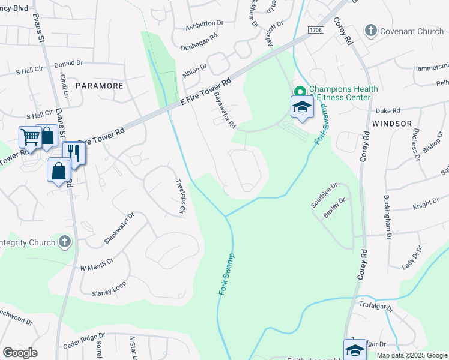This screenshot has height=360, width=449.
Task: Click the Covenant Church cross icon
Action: pos(370,30)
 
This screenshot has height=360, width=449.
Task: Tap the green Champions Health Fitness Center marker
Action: pos(300,92)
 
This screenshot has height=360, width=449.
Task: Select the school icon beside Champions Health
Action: pos(303,108)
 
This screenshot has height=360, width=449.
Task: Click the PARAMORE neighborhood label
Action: pos(99,86)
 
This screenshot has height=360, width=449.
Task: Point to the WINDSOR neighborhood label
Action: pos(391,123)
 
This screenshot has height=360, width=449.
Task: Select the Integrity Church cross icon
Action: pos(65,241)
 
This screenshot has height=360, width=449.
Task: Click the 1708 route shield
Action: pos(316,29)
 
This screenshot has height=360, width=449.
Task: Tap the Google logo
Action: pos(20,352)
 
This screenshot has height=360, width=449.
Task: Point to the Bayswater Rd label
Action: pos(224,112)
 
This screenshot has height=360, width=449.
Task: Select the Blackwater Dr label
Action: pos(119,227)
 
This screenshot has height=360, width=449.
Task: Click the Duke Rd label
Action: pos(387,111)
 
